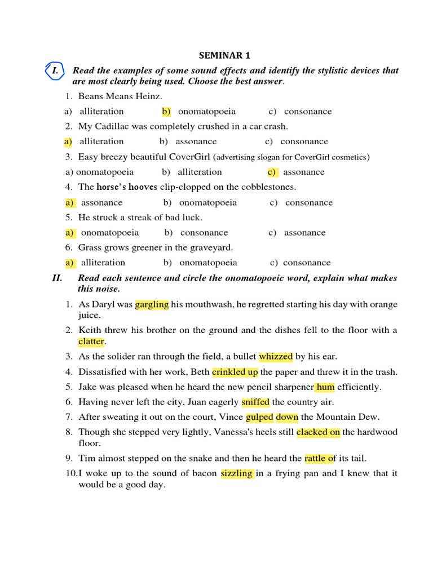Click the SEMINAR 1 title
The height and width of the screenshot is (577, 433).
tap(224, 55)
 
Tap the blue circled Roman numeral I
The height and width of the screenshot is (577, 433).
tap(55, 72)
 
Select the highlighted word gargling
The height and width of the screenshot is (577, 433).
tap(152, 304)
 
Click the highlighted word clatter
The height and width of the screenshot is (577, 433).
tap(91, 341)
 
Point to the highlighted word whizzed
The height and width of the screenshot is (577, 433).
tap(276, 356)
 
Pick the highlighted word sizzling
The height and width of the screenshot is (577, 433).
tap(237, 473)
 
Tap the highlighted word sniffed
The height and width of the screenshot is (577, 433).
tap(255, 402)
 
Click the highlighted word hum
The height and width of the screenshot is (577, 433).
tap(325, 387)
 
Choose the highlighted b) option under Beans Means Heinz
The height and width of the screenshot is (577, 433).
tap(166, 112)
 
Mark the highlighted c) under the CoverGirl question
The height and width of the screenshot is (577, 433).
tap(272, 172)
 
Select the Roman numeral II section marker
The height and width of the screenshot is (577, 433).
tap(57, 278)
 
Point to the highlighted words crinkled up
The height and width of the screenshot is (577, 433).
tap(235, 372)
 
